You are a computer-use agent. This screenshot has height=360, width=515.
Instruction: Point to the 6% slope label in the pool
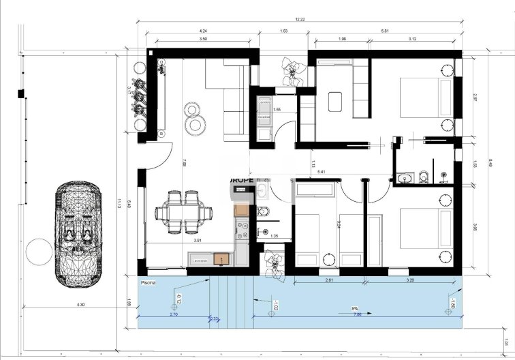(x=355, y=309)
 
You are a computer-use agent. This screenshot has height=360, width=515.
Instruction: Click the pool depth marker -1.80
(x=452, y=301)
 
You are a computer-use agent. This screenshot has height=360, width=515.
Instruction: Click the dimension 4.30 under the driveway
(x=80, y=304)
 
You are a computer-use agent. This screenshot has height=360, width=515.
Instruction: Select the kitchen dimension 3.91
(x=198, y=241)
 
